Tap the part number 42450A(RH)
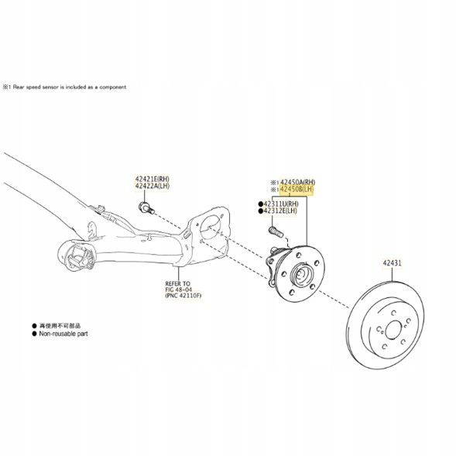tap(297, 180)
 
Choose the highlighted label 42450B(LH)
tap(297, 188)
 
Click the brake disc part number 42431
tap(391, 264)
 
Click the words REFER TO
tap(177, 283)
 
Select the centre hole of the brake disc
tap(391, 332)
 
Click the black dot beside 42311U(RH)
tap(259, 203)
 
